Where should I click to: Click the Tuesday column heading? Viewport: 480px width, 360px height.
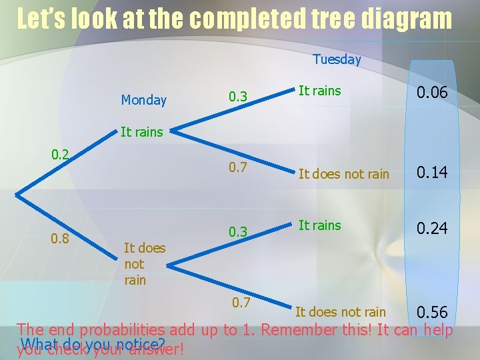pos(337,59)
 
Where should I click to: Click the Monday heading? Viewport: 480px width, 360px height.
pos(143,100)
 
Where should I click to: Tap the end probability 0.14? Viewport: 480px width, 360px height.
pos(432,173)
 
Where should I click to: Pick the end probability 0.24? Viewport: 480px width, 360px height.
pos(432,229)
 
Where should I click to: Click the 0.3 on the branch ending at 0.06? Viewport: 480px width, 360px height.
pos(238,97)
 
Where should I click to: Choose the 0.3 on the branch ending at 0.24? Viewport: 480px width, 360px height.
pos(238,232)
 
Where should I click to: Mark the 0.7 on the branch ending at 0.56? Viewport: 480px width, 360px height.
pos(241,303)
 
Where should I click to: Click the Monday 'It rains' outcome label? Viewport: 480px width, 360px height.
pos(141,132)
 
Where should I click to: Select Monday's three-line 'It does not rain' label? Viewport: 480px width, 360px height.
pos(144,264)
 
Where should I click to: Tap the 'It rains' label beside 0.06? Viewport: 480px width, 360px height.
pos(319,91)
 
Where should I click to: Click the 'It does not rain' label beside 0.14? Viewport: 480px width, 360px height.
pos(343,174)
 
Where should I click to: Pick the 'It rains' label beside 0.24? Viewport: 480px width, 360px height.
pos(319,225)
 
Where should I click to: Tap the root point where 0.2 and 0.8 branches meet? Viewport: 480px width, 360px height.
pos(16,196)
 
